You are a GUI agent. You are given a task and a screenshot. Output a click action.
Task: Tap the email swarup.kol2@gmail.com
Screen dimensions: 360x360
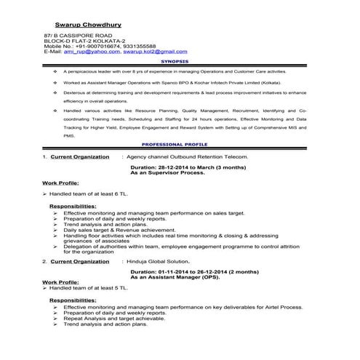[155, 52]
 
